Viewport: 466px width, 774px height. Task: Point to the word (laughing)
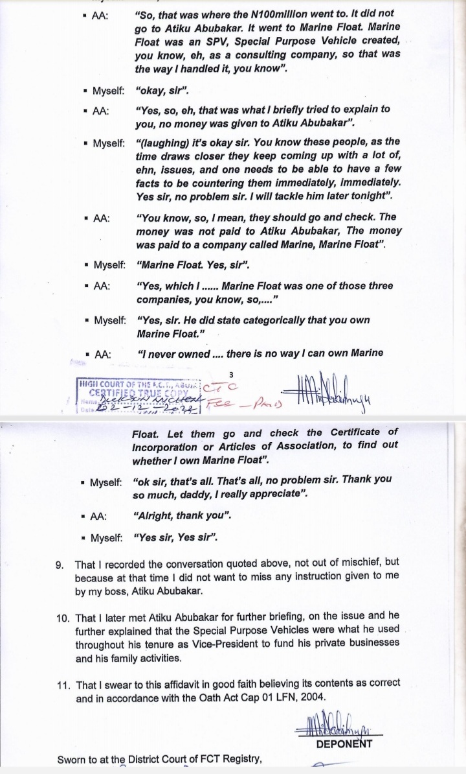tap(163, 142)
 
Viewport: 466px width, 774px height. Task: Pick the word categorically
tap(263, 320)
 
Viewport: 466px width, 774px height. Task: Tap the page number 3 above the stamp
tap(230, 374)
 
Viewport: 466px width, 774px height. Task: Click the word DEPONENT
tap(344, 744)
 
